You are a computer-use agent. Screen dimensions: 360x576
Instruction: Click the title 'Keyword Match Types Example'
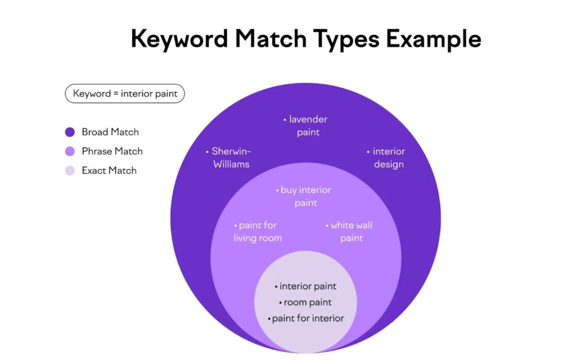[306, 39]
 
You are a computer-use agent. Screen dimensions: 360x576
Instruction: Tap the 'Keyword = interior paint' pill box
[125, 93]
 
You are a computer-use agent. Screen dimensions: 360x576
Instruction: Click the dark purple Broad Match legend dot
[70, 132]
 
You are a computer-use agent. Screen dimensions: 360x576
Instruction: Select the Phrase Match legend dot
[70, 151]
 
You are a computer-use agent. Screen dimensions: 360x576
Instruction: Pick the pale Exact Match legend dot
[70, 170]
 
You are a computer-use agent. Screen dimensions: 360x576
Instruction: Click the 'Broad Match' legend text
[110, 132]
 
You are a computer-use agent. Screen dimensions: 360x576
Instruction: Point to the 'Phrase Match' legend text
[112, 151]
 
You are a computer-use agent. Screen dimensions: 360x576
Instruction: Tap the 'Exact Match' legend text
[109, 170]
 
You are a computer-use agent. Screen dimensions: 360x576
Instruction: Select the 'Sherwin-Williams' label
[231, 158]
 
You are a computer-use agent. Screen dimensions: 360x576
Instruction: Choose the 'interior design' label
[388, 158]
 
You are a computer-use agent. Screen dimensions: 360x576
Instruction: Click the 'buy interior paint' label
[305, 196]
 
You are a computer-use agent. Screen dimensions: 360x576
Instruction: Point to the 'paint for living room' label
[258, 232]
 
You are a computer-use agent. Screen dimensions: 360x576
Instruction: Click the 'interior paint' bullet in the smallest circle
[308, 287]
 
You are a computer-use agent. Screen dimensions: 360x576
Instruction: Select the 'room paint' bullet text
[308, 303]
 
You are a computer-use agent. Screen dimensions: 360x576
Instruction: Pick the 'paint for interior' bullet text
[308, 318]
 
